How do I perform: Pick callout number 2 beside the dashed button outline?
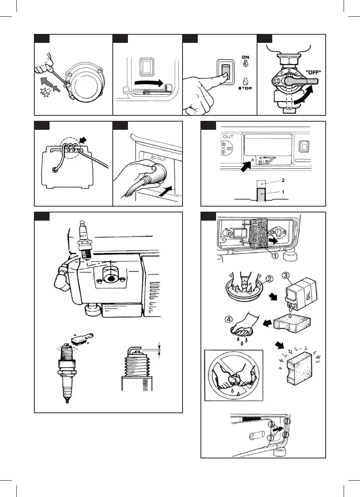pos(282,180)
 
